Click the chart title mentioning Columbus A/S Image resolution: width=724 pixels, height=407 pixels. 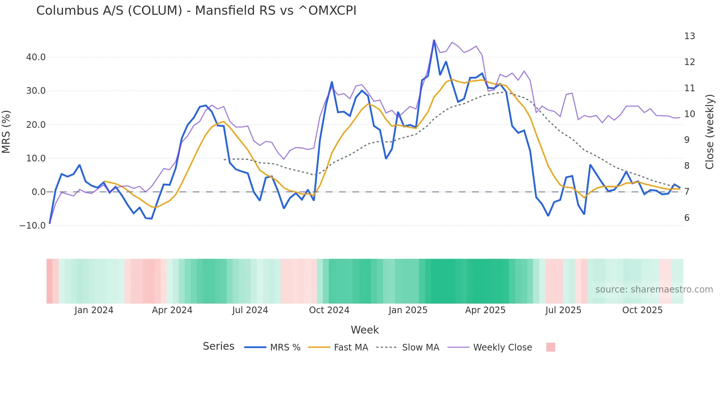[196, 11]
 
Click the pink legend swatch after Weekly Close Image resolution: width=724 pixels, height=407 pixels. [550, 347]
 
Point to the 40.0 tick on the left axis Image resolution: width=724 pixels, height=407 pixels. [36, 57]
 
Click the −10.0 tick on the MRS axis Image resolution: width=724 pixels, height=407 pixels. [33, 226]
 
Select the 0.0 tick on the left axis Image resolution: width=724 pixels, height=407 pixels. [38, 192]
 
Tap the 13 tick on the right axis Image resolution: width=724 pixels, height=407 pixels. [689, 36]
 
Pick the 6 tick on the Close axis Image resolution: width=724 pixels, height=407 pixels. [687, 218]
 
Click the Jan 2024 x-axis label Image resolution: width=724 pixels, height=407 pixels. [94, 310]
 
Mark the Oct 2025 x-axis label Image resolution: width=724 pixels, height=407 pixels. [642, 310]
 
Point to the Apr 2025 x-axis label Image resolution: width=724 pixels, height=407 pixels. [485, 310]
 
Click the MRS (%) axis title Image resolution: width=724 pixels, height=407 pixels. [6, 131]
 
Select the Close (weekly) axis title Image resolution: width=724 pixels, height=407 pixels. [710, 132]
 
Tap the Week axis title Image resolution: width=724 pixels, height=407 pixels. [365, 330]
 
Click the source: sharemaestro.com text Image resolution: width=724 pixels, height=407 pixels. [654, 290]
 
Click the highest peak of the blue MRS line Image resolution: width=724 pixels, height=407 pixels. [434, 41]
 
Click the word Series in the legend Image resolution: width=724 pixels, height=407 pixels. [218, 346]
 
